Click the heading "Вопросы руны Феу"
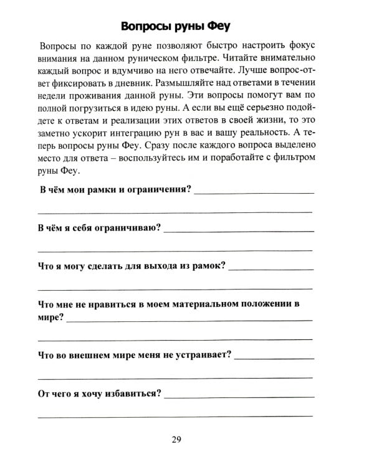pyautogui.click(x=180, y=27)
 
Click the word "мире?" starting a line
pyautogui.click(x=50, y=317)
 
